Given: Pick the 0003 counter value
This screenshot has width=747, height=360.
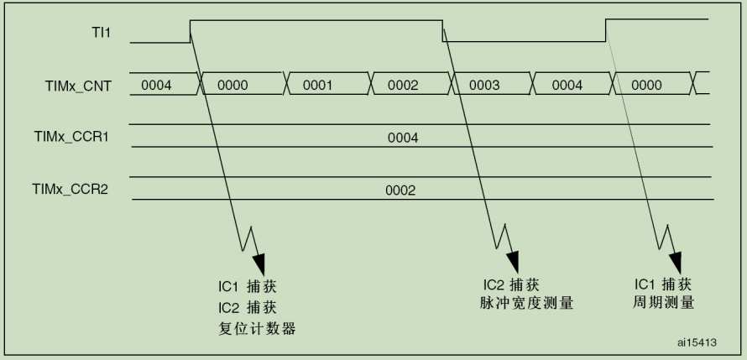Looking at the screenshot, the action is [x=484, y=86].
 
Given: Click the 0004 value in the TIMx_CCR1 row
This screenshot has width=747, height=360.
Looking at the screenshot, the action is [x=402, y=138].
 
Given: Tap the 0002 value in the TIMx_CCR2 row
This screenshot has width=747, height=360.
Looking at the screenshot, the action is [x=400, y=190].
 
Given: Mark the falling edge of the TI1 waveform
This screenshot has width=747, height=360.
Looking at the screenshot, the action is [x=443, y=32].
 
